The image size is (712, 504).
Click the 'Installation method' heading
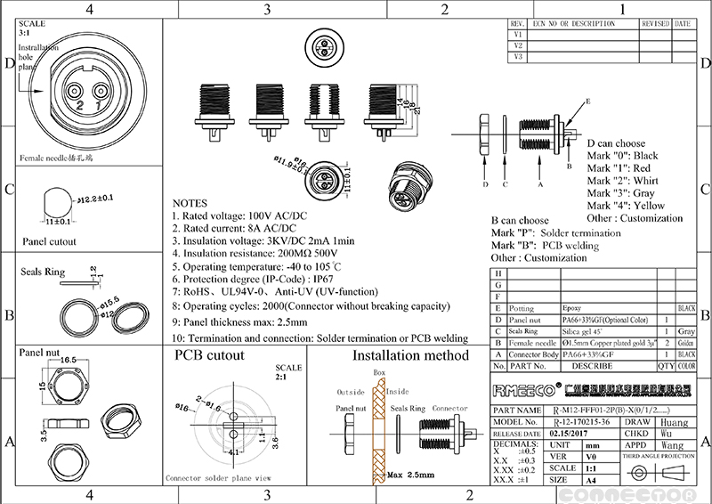pyautogui.click(x=410, y=355)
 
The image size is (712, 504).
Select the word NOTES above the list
pyautogui.click(x=189, y=204)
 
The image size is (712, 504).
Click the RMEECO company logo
pyautogui.click(x=524, y=390)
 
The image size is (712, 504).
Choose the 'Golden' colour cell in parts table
pyautogui.click(x=686, y=343)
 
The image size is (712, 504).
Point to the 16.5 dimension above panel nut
pyautogui.click(x=69, y=358)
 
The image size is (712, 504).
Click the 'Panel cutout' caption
pyautogui.click(x=49, y=241)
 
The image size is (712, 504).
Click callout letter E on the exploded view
pyautogui.click(x=587, y=103)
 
